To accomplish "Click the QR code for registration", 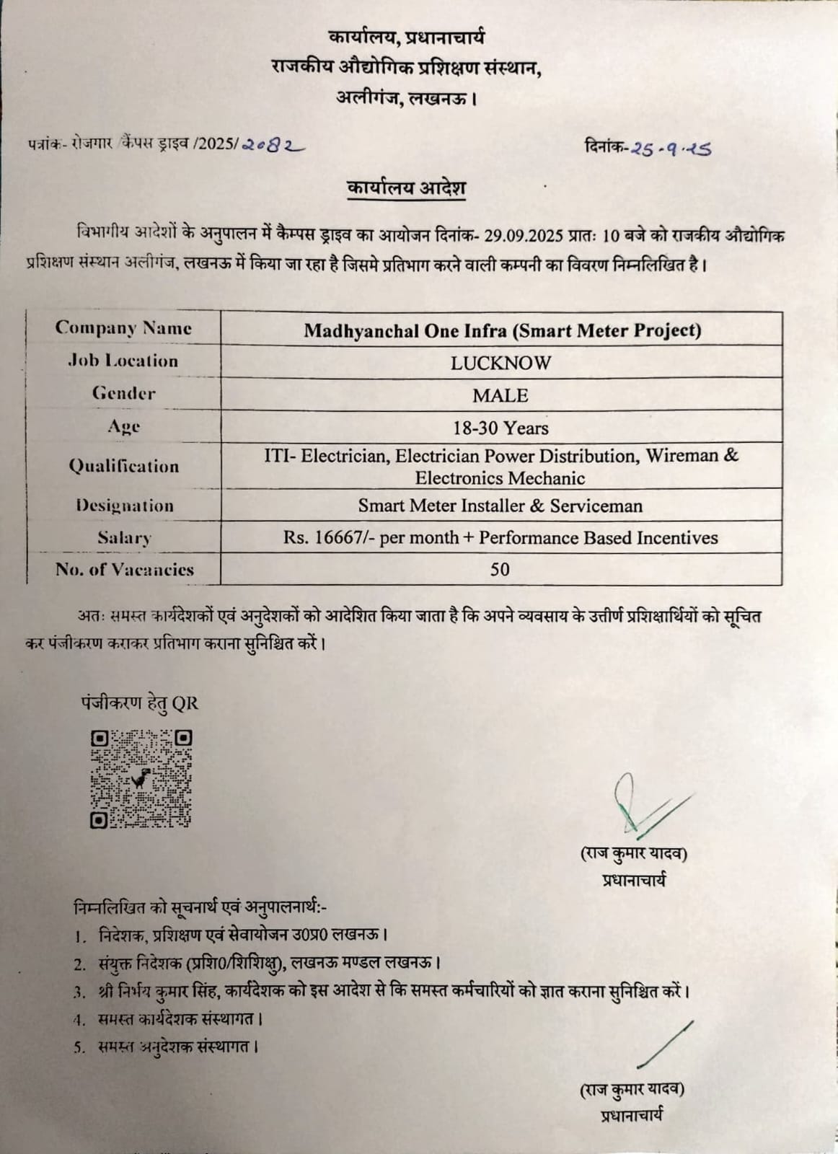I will coord(141,779).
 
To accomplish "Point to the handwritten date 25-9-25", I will coord(671,148).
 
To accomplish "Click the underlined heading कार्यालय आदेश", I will coord(407,188).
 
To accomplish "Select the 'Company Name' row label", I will coord(123,328).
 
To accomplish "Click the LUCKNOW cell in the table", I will coord(500,363).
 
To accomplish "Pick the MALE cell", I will coord(500,395).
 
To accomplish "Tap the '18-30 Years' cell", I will coord(500,428).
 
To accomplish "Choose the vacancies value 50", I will coord(500,569).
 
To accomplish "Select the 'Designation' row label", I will coord(124,506).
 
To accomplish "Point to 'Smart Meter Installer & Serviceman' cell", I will coord(500,506).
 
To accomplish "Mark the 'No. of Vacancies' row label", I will coord(124,569).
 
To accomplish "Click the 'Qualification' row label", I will coord(124,466).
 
